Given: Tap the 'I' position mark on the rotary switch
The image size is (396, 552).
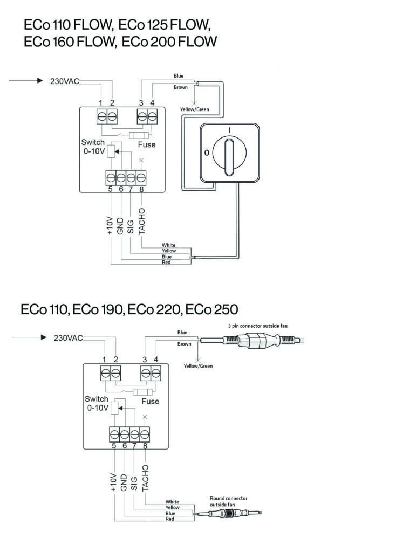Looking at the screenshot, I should point(230,130).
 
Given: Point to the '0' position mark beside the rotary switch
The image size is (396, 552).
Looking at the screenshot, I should point(206,154).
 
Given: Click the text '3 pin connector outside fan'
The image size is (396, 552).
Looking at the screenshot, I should point(255,326).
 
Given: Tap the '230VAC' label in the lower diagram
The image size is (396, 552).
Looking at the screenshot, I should point(69,338).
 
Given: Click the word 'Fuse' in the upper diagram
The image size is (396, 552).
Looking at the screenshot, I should point(146,144).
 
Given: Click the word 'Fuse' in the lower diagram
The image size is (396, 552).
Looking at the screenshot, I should point(150,401).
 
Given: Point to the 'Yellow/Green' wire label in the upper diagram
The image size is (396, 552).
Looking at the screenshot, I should point(194,109).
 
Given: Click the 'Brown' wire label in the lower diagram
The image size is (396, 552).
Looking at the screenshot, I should point(185,344).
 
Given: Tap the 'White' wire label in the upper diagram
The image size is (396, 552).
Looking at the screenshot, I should point(168,245).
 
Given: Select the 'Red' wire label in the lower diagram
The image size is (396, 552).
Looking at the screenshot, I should point(169,519).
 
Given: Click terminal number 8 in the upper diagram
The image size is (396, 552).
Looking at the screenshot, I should point(141,189).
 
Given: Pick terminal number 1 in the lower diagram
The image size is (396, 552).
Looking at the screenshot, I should point(104,360).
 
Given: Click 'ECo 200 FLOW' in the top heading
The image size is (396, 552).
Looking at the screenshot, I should point(169,42).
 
